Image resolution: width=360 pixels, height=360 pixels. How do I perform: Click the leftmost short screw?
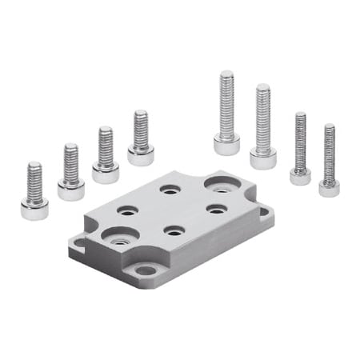pos(34,192)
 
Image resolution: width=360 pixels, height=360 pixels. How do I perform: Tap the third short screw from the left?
pos(106,154)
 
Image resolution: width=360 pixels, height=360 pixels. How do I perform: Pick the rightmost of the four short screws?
pos(141,138)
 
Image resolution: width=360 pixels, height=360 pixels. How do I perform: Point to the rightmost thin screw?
pos(329,160)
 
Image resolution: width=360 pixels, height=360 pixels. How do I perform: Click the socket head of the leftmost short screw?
pos(34,210)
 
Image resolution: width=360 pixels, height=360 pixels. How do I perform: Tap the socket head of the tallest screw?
pos(226,145)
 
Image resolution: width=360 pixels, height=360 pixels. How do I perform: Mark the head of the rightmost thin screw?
pos(329,188)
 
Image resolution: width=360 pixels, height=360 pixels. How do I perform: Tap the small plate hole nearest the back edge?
pos(168,190)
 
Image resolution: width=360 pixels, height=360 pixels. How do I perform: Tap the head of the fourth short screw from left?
pos(141,155)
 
